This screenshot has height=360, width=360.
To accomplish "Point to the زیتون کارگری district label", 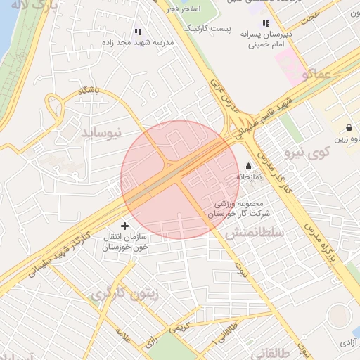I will pyautogui.click(x=124, y=293).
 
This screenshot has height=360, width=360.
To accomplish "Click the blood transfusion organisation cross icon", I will pyautogui.click(x=125, y=226).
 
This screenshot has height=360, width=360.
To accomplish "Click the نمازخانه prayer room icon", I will pyautogui.click(x=248, y=167).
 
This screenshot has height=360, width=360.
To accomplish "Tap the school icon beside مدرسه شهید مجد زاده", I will pyautogui.click(x=138, y=32).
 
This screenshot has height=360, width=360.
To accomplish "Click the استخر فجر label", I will pyautogui.click(x=203, y=8).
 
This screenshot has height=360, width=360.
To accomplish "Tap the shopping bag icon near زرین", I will pyautogui.click(x=349, y=128).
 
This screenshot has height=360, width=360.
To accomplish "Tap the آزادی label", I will pyautogui.click(x=348, y=342).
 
